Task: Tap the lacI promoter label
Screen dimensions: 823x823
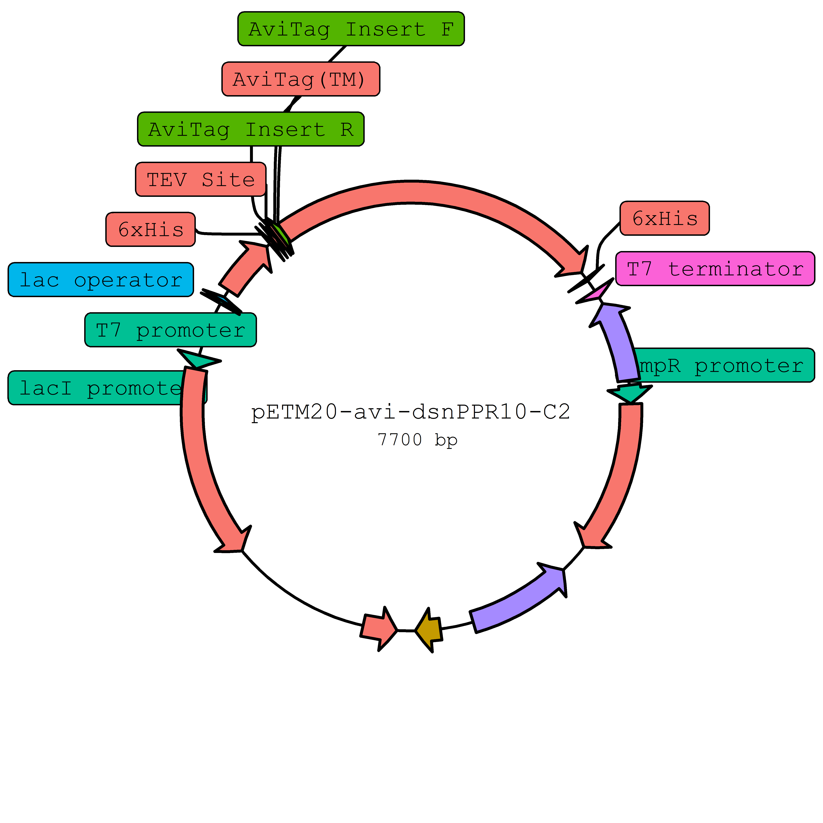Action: point(98,388)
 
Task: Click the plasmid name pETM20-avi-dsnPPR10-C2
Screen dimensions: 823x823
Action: point(410,411)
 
